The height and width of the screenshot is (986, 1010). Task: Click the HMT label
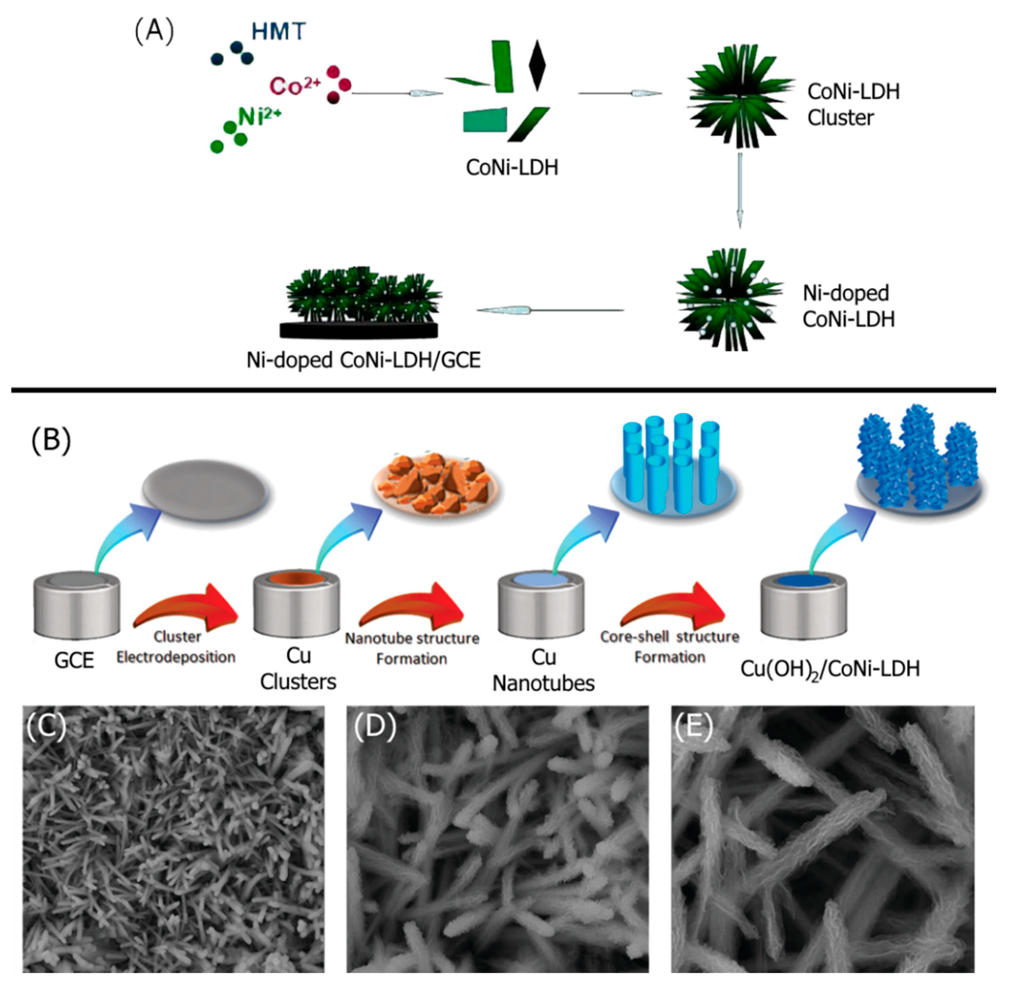(x=279, y=32)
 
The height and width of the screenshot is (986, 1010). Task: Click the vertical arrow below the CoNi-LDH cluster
(x=740, y=189)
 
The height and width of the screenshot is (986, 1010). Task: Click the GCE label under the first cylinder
(x=74, y=660)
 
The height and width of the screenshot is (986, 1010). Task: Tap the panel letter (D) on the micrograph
(x=375, y=727)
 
